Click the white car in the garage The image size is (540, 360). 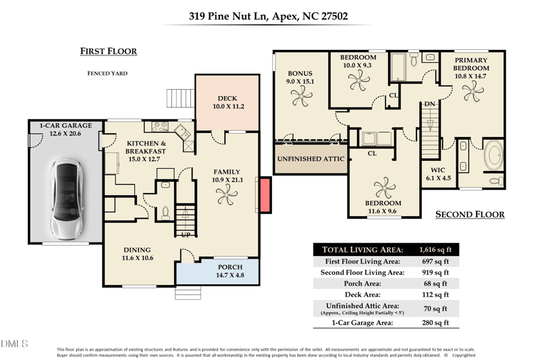(67, 199)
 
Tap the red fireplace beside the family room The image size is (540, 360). (265, 195)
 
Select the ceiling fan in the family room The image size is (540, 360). (227, 195)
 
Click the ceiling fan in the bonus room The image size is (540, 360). (302, 96)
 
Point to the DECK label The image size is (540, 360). (227, 99)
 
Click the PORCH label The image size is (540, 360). (230, 267)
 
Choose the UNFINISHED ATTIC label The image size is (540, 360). (310, 159)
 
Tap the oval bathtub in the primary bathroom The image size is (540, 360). (493, 155)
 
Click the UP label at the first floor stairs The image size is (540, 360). (186, 235)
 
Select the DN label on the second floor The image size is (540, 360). (429, 104)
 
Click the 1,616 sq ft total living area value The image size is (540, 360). (435, 249)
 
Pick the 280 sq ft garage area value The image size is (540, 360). (435, 323)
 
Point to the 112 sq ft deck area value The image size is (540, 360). (435, 294)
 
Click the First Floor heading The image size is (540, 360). (109, 51)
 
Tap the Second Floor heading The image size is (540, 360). (470, 214)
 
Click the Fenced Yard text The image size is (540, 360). (107, 73)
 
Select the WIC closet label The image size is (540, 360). (438, 170)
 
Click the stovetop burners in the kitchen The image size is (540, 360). (160, 127)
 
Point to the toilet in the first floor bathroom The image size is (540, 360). (165, 213)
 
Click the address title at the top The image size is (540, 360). (268, 16)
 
